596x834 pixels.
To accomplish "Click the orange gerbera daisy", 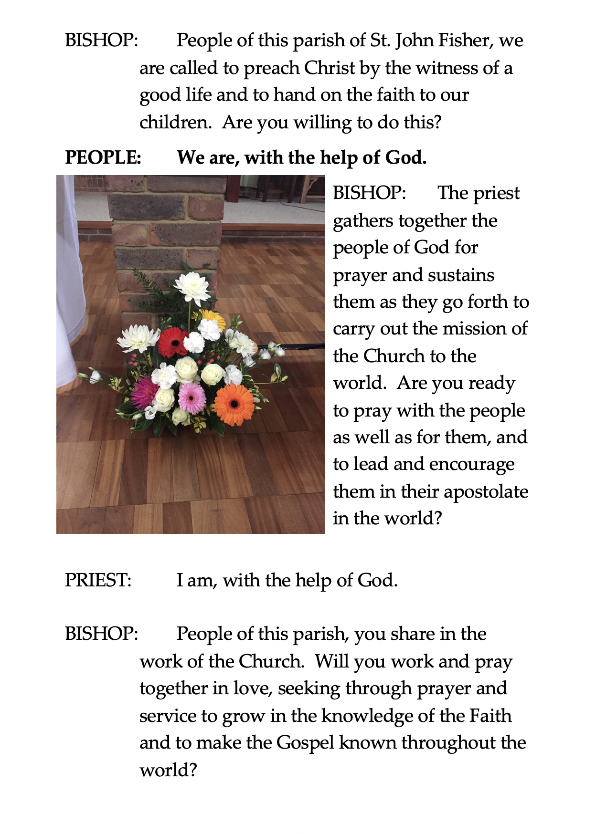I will click(234, 404).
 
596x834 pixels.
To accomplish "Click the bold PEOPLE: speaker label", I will click(103, 157).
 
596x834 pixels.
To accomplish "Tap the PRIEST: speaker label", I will click(98, 580).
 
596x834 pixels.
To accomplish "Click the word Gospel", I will click(305, 743).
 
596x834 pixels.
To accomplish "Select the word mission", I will click(473, 329).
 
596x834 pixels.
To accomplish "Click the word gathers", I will click(363, 221).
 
